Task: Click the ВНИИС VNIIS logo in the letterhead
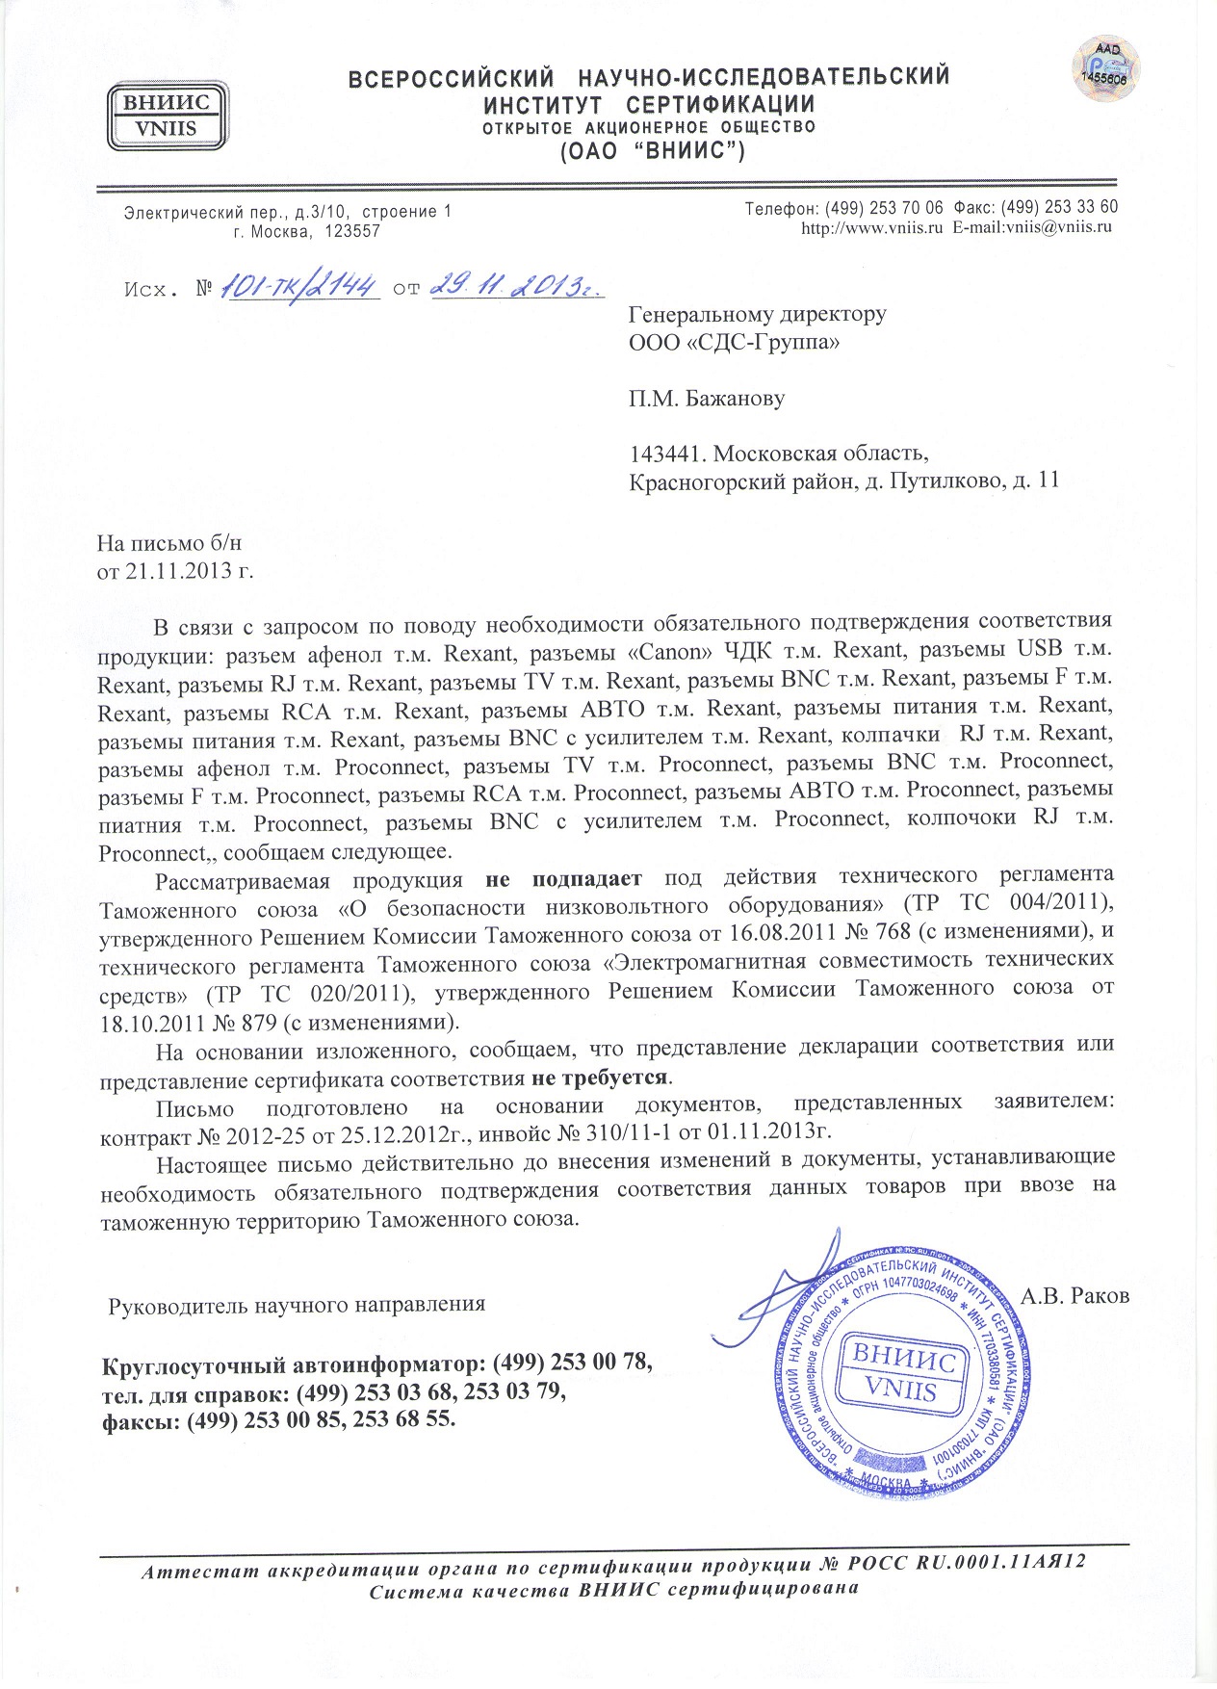[167, 115]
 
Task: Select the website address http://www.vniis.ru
[871, 228]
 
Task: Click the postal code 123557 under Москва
[353, 232]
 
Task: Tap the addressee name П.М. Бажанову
[707, 398]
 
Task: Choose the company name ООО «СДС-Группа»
[734, 342]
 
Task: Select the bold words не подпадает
[563, 879]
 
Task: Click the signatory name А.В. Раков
[1075, 1296]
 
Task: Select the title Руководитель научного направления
[297, 1305]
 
